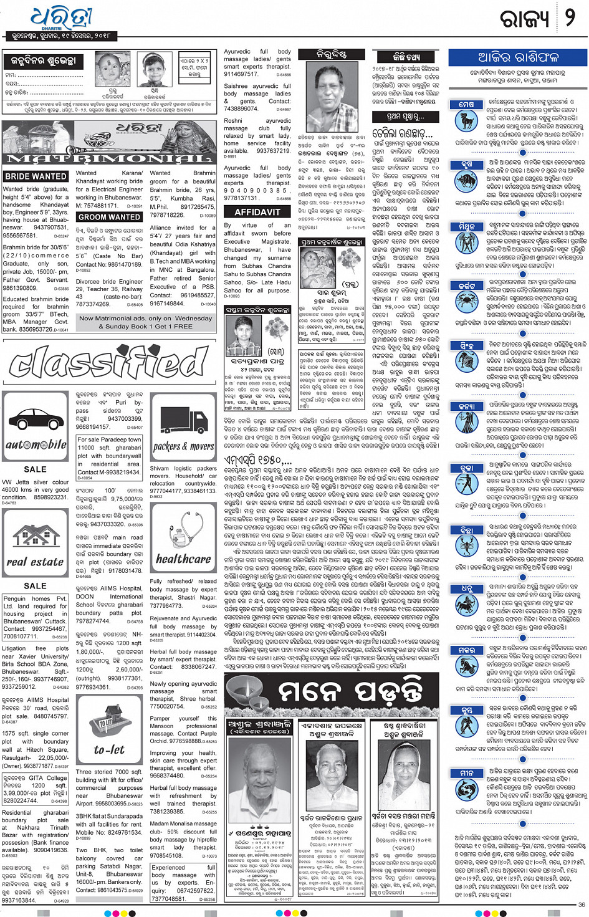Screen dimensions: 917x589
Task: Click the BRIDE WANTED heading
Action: click(36, 176)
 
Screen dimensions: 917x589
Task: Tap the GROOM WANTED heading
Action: click(109, 217)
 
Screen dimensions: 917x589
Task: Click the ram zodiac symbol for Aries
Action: click(466, 121)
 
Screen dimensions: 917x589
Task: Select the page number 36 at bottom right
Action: click(581, 905)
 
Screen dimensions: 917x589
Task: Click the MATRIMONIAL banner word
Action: click(110, 158)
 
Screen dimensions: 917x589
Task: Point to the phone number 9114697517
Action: click(241, 74)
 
